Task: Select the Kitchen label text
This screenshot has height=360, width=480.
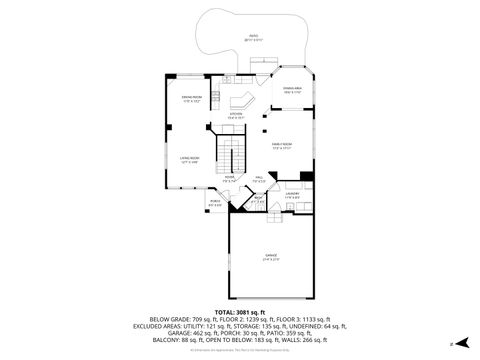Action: (x=236, y=114)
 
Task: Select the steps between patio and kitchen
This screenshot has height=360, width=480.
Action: (x=228, y=78)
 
